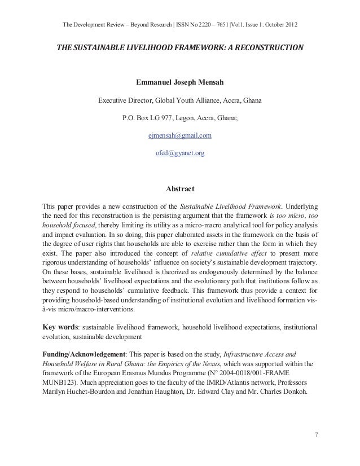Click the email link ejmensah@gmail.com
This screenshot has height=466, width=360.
click(179, 136)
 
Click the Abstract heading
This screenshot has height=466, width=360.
click(179, 189)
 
